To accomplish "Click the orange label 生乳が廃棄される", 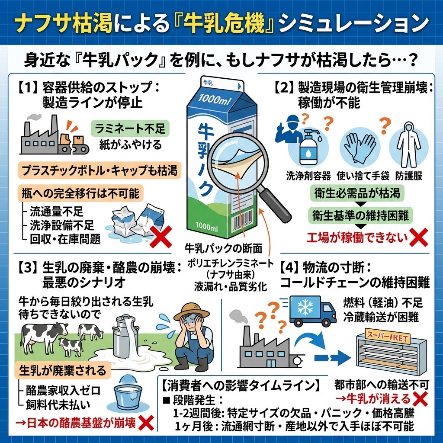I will coord(63,370).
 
